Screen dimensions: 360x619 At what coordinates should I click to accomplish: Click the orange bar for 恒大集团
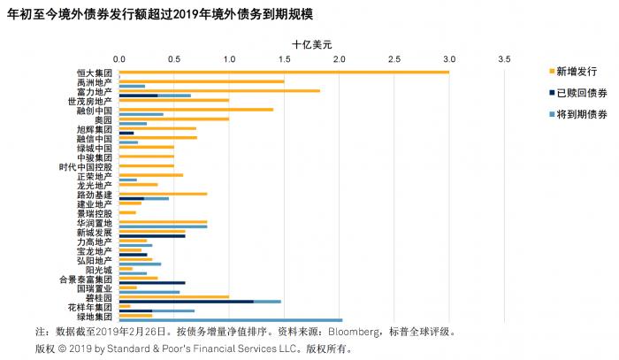(x=283, y=73)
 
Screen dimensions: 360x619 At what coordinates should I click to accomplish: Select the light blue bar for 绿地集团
(x=230, y=320)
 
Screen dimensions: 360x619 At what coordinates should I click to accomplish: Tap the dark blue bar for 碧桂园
(x=186, y=302)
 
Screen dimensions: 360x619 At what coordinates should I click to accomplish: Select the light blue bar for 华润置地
(x=163, y=226)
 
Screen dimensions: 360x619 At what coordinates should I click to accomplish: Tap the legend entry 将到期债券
(x=579, y=114)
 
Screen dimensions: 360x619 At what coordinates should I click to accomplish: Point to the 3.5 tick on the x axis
(x=504, y=59)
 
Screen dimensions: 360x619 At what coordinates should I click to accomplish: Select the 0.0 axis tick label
(x=118, y=59)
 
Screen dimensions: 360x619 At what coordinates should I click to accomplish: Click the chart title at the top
(x=159, y=13)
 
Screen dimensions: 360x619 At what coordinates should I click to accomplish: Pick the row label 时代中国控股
(x=86, y=166)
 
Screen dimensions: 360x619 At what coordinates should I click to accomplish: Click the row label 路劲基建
(x=95, y=195)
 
